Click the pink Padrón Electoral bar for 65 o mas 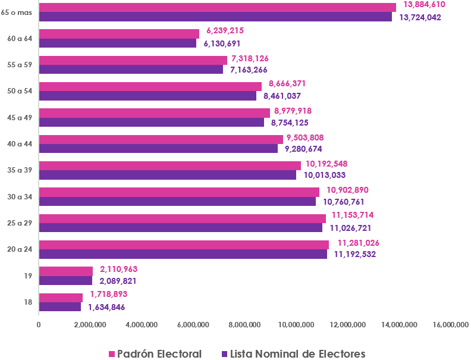[x=217, y=7]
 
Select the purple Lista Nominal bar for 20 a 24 [x=183, y=254]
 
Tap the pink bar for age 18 [x=61, y=298]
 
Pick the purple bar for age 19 [x=65, y=280]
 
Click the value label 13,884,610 [x=424, y=4]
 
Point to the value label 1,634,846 [x=106, y=307]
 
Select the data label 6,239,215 [x=225, y=30]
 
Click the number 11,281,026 [x=359, y=243]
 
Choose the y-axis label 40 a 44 [x=19, y=144]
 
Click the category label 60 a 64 [x=19, y=38]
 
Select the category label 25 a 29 [x=19, y=223]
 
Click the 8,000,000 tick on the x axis [x=244, y=324]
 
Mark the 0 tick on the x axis [x=39, y=324]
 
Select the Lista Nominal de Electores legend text [x=297, y=354]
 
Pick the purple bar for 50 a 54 [x=147, y=96]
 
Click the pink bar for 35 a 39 [x=169, y=165]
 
